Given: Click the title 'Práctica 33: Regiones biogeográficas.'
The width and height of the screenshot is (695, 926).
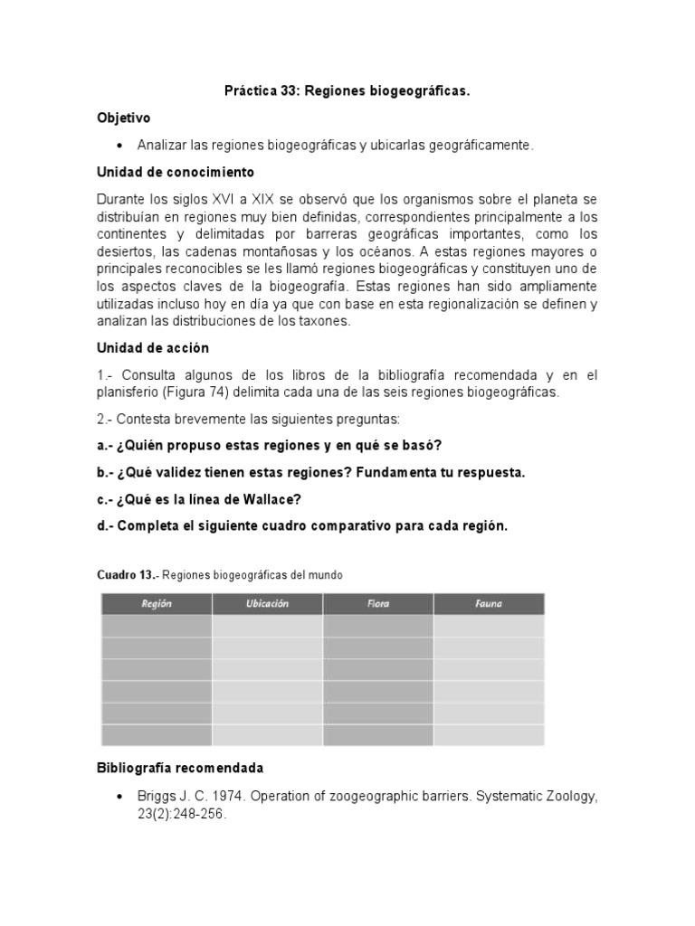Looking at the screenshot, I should coord(347,91).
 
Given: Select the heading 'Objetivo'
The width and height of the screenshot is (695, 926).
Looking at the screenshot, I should coord(123,118).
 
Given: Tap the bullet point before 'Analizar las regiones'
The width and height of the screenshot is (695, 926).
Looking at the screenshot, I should coord(119,146).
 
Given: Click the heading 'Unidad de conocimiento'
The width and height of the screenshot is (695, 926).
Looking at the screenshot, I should coord(176,172).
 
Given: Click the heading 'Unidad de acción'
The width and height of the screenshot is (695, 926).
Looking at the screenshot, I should coord(152,348).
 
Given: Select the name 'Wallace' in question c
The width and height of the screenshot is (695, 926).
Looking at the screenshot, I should coord(271,499).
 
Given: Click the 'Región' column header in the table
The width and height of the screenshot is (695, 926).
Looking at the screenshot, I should coord(156,604).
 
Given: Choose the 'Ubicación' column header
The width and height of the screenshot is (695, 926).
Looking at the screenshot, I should coord(267,604).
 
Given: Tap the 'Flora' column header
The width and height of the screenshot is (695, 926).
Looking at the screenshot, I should coord(377,604).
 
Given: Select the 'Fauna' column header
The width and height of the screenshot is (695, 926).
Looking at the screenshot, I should coord(489,604).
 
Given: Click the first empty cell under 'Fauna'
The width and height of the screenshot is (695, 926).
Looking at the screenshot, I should coord(489,627).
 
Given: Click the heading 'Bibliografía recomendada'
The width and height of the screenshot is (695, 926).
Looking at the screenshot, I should coord(179,769).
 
